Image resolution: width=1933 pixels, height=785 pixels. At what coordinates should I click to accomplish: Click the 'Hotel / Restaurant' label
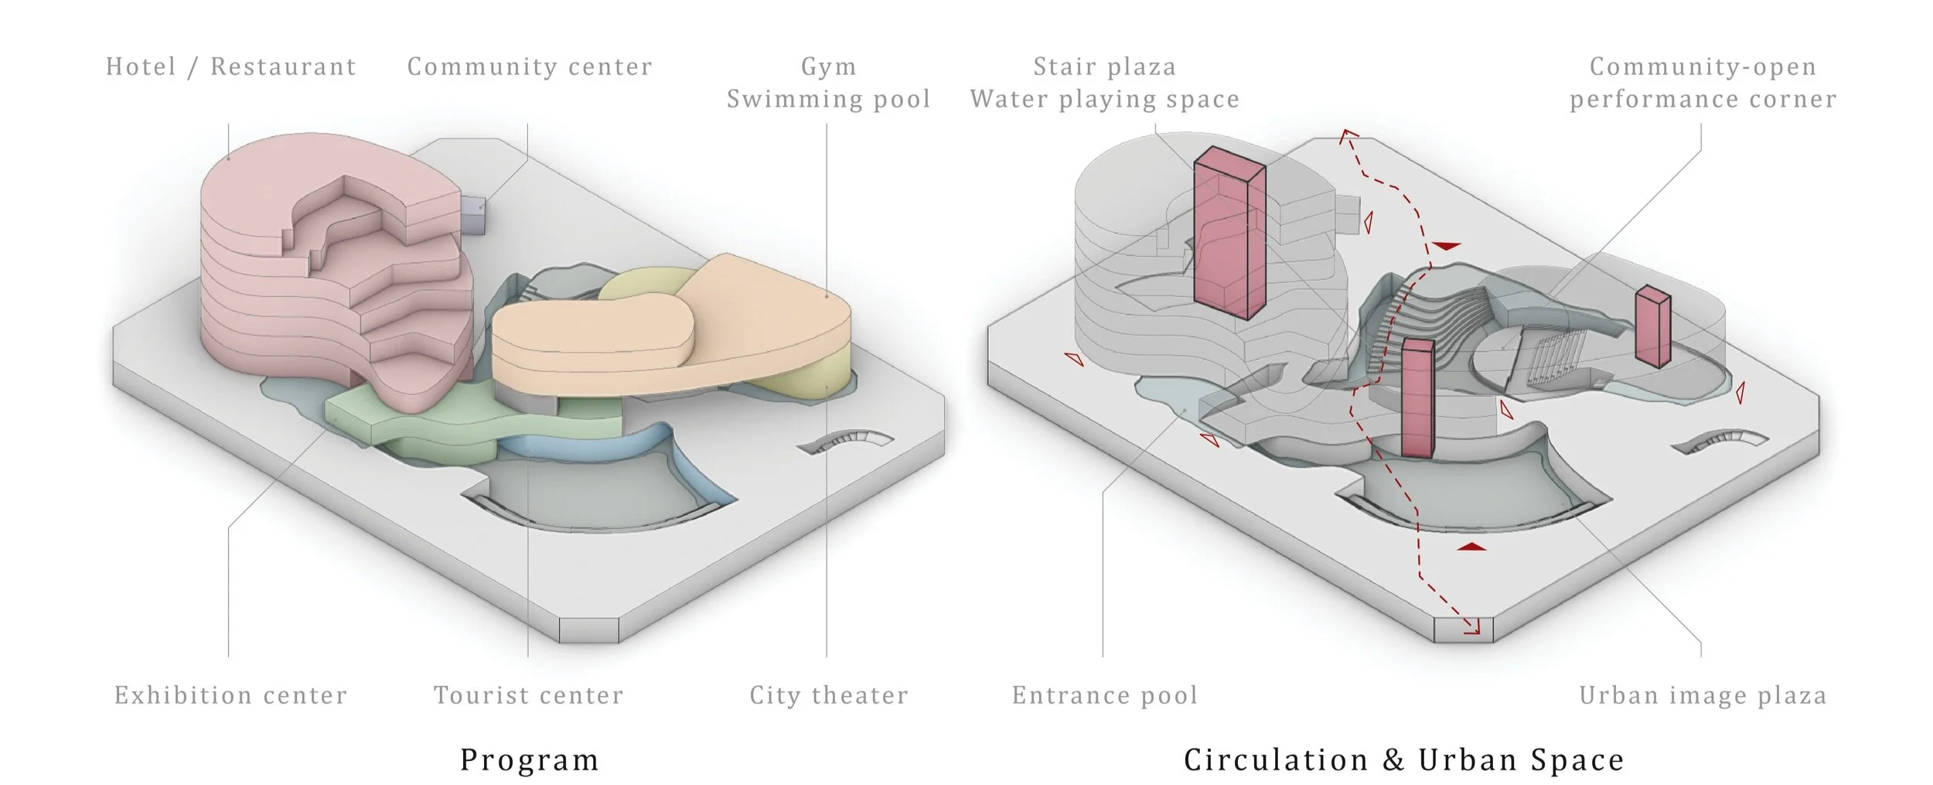click(230, 67)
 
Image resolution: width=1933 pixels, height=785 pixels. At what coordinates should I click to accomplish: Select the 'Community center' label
click(530, 67)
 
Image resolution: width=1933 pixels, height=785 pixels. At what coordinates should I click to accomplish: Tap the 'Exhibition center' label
click(230, 695)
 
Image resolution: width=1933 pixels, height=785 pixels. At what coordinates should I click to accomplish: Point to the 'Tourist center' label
click(528, 695)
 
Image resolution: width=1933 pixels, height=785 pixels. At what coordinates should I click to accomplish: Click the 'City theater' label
click(828, 695)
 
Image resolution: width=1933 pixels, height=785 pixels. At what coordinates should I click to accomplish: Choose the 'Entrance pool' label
click(1104, 695)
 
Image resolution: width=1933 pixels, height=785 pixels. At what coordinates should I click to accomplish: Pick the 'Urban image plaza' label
click(1703, 695)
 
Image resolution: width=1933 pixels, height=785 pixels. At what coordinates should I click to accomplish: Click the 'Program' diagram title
click(530, 759)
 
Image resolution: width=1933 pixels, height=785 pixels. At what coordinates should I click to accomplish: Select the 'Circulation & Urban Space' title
click(1403, 759)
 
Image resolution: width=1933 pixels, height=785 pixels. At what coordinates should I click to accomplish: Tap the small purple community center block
click(474, 213)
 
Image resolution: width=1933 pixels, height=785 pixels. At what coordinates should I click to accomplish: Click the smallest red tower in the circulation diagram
click(1653, 326)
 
